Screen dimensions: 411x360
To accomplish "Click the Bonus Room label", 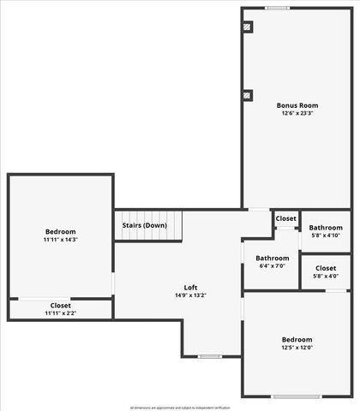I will [297, 105].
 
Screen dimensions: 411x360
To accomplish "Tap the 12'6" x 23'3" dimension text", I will [297, 113].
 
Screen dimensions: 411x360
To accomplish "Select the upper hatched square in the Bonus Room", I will [248, 27].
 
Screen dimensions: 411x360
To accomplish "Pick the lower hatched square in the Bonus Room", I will [248, 95].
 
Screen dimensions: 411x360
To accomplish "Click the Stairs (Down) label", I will [145, 225].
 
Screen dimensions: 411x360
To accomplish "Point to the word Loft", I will [191, 288].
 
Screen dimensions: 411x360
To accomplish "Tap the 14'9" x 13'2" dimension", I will [191, 295].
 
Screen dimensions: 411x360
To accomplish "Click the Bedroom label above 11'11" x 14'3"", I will [61, 232].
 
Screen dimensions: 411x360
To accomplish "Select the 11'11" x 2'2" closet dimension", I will [61, 313].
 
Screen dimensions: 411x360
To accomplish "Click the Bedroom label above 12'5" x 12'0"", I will [297, 339].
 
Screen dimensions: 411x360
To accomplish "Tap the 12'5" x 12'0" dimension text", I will [297, 347].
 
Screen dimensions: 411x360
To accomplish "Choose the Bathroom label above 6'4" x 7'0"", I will [272, 258].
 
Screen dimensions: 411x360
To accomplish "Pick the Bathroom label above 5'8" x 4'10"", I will [326, 228].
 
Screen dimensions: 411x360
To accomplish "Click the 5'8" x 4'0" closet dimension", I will [326, 276].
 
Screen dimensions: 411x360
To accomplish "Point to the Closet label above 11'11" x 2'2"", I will [61, 306].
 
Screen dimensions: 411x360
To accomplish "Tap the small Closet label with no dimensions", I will [285, 218].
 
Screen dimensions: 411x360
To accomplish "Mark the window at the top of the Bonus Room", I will [277, 9].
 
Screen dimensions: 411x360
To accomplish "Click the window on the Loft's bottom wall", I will [210, 356].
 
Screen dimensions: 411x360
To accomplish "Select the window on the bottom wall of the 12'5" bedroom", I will [297, 396].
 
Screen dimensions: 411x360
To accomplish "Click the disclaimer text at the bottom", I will [180, 408].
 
